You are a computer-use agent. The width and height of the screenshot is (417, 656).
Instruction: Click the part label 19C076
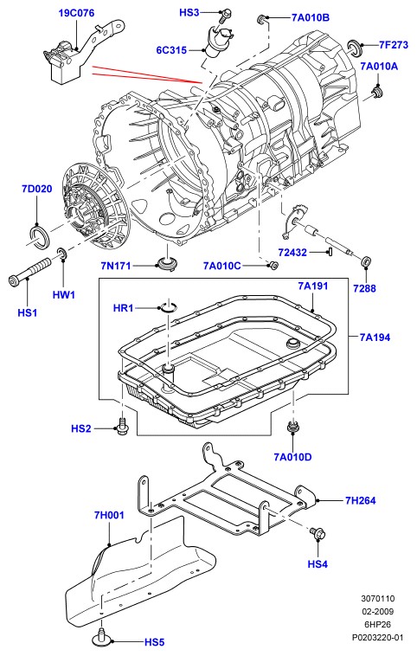[76, 13]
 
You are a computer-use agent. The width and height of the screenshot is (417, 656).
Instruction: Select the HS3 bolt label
[189, 13]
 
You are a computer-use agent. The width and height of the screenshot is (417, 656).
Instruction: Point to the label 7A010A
[379, 66]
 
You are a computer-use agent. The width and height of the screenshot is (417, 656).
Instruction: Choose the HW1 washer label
[63, 294]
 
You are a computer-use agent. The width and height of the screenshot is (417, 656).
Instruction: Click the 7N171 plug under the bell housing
[166, 264]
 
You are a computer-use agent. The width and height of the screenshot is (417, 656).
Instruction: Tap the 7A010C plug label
[222, 266]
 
